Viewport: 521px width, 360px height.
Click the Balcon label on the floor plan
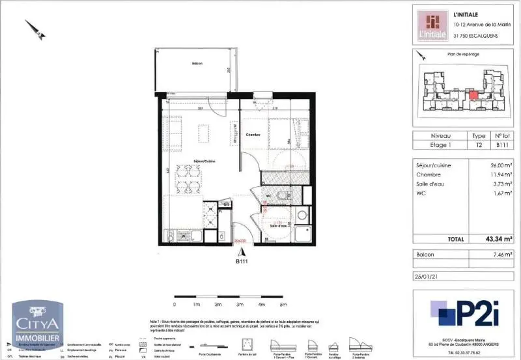tap(197, 63)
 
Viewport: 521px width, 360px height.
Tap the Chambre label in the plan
tap(253, 135)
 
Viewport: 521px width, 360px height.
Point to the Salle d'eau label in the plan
tap(278, 226)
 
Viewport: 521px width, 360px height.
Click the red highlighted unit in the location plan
tap(474, 96)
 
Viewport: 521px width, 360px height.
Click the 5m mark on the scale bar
tap(283, 303)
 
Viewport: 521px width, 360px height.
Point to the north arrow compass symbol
tap(35, 29)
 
